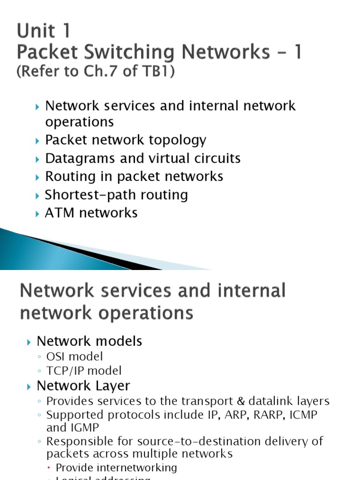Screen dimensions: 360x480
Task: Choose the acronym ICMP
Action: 301,415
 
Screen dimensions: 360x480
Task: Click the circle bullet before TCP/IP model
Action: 41,371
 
